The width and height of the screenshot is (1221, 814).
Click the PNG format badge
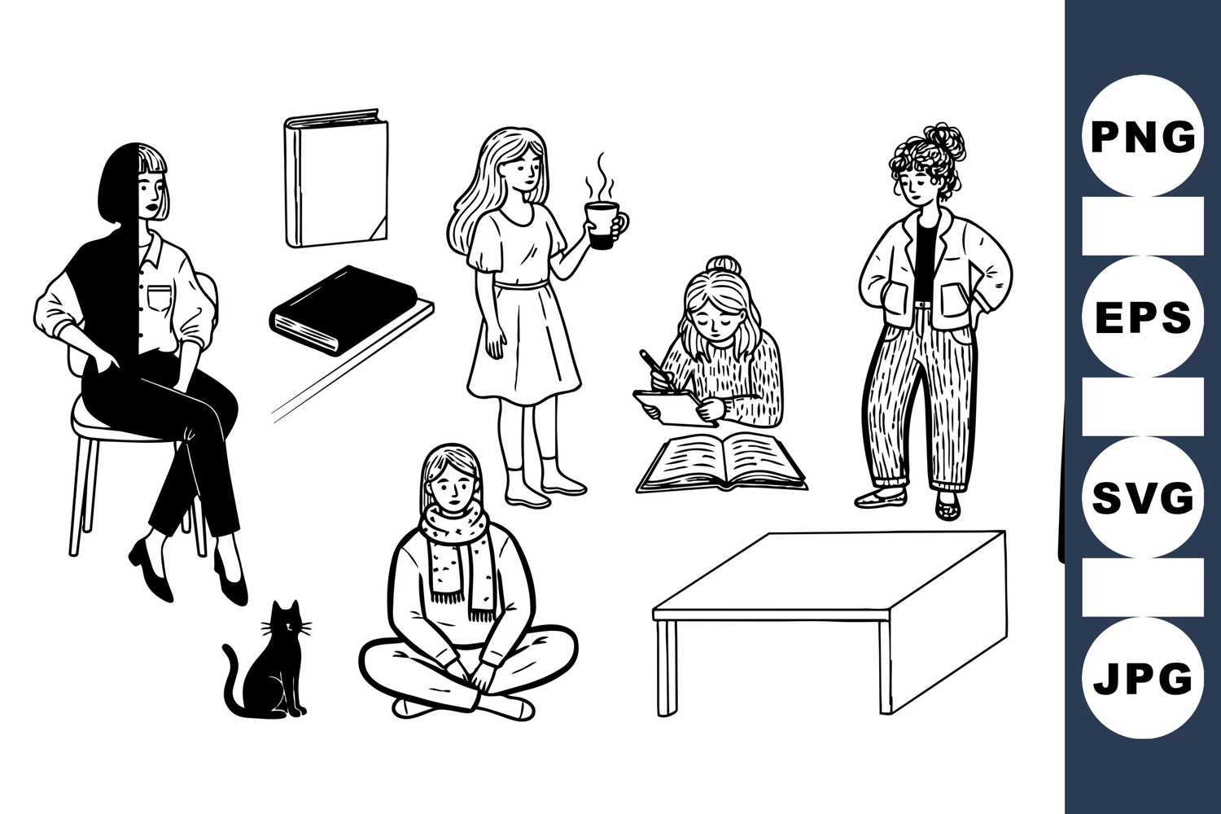coord(1143,136)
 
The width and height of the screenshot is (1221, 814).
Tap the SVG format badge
coord(1143,497)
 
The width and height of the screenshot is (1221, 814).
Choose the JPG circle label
coord(1143,678)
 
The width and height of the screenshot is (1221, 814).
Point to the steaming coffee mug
coord(604,225)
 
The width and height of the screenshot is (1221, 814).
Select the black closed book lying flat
coord(343,309)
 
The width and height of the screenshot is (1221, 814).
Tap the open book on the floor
coord(721,462)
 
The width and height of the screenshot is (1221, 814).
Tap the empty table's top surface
coord(829,571)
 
